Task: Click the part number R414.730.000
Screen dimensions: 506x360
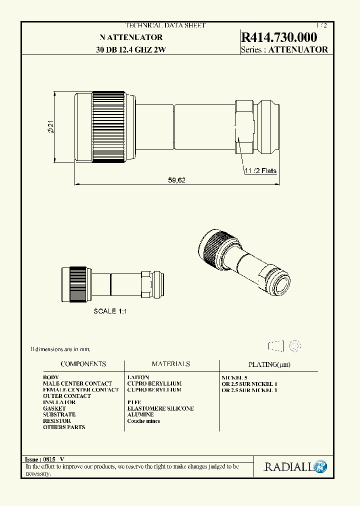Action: [279, 37]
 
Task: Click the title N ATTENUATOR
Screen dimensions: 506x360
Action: [131, 37]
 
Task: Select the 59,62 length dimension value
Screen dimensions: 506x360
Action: [176, 180]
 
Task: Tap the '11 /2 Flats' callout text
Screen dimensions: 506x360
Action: [260, 170]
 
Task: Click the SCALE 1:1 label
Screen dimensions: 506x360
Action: [110, 311]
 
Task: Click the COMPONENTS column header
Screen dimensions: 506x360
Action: [83, 364]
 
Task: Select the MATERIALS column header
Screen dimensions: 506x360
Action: [171, 364]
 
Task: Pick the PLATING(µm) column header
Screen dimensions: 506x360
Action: [269, 364]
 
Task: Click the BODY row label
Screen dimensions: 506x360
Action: [51, 377]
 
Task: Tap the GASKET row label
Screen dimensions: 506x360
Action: [54, 408]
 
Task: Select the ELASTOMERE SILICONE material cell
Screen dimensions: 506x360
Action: [160, 408]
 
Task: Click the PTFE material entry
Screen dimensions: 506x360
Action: [135, 402]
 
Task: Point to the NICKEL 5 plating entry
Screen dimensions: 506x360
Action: [234, 377]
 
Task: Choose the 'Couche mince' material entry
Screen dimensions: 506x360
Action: [144, 421]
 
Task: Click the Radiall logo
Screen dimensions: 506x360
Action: [295, 467]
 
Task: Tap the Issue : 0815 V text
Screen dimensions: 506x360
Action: [44, 459]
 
